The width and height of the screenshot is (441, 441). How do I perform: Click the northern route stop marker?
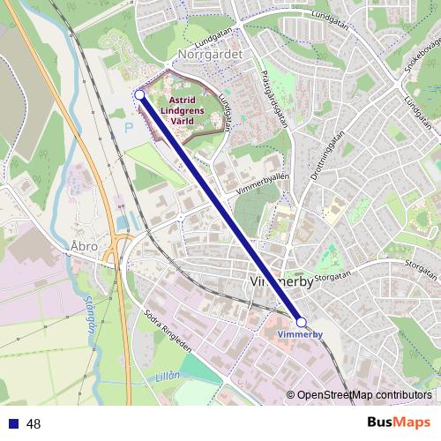coord(139,94)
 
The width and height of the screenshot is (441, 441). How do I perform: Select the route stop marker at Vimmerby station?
coord(301,323)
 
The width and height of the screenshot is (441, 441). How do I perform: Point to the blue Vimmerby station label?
coord(301,336)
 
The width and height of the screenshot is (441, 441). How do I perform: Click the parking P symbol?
coord(128,127)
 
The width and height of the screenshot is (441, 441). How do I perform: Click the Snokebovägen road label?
coord(422,56)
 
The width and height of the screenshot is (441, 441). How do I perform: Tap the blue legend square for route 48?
coord(13,423)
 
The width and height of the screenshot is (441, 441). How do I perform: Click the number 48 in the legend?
coord(34,423)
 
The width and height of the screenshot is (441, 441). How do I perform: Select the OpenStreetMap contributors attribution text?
coord(364,395)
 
